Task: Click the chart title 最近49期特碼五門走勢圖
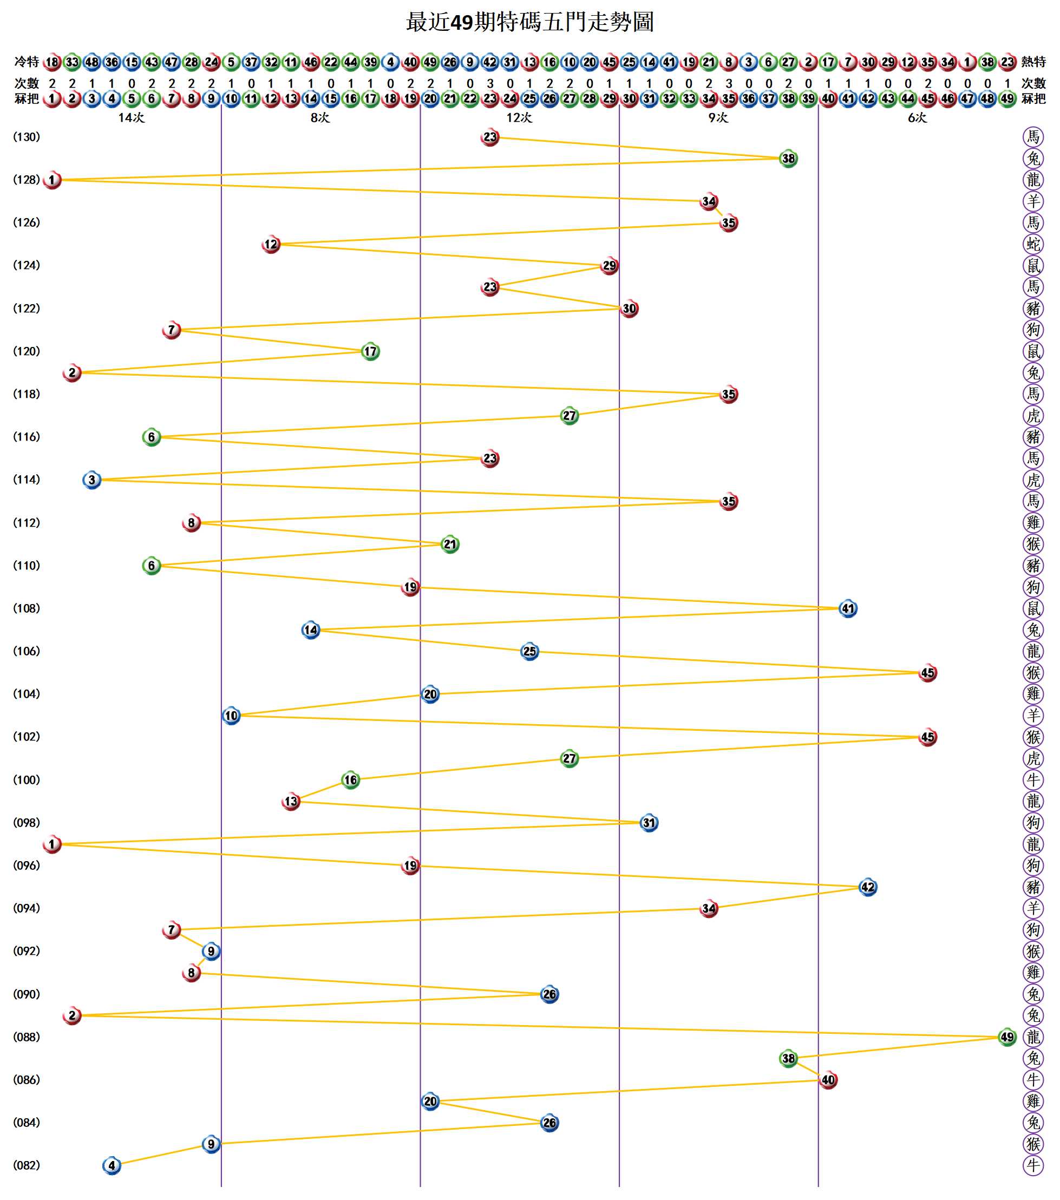(x=529, y=22)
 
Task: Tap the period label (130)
(x=27, y=137)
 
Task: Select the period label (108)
(x=27, y=608)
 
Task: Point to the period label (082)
(x=27, y=1165)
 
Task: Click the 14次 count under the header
(x=131, y=118)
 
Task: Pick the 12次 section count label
(x=519, y=118)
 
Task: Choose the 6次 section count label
(x=917, y=118)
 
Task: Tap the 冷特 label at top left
(x=27, y=62)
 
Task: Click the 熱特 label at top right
(x=1033, y=62)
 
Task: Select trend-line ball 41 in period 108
(x=848, y=609)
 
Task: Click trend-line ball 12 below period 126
(x=271, y=244)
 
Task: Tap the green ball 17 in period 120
(x=370, y=352)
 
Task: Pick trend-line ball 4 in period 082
(x=112, y=1165)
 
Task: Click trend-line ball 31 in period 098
(x=649, y=823)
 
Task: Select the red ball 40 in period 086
(x=828, y=1080)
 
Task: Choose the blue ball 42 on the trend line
(x=868, y=887)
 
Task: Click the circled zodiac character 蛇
(x=1033, y=244)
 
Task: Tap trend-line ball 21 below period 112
(x=450, y=544)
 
